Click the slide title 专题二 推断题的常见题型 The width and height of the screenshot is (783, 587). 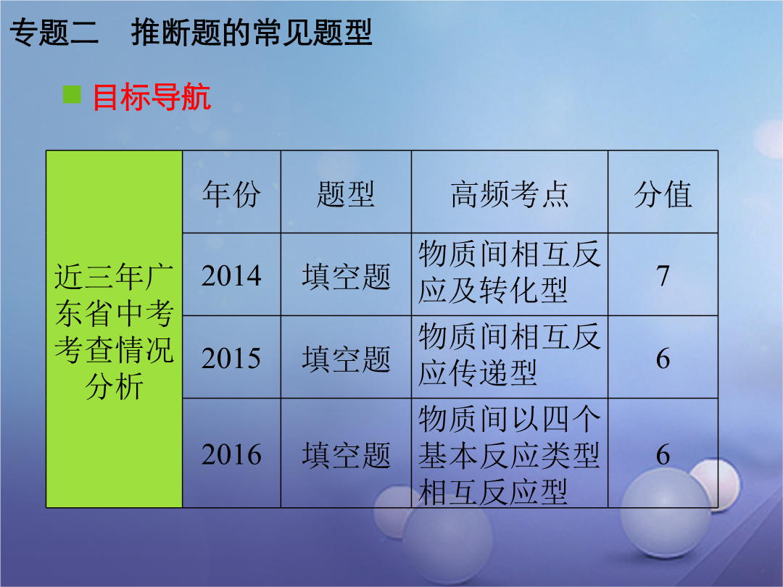tap(191, 33)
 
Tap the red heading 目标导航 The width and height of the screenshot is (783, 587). tap(152, 97)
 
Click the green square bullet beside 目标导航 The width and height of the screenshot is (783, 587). tap(72, 94)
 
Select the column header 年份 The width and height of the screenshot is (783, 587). tap(231, 194)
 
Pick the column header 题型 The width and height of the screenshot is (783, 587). tap(346, 194)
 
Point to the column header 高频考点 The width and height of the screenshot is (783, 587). tap(510, 194)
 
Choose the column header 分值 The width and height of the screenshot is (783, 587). tap(663, 194)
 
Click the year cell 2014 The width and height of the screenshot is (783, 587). tap(231, 275)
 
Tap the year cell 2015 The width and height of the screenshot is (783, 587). tap(231, 359)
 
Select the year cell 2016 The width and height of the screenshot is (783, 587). tap(231, 454)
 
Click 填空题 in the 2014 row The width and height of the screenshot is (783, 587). tap(346, 277)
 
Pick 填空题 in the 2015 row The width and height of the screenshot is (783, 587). tap(346, 359)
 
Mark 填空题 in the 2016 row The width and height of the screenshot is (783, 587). tap(346, 455)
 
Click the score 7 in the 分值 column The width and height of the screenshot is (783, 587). tap(663, 275)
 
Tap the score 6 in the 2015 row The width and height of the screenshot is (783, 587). tap(663, 359)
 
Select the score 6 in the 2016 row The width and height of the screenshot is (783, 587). tap(663, 454)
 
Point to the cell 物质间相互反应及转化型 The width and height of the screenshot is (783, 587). tap(510, 272)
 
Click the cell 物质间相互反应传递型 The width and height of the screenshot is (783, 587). tap(510, 355)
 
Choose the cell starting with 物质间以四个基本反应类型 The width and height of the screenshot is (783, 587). tap(510, 455)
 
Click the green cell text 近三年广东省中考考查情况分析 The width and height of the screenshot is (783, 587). tap(115, 331)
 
